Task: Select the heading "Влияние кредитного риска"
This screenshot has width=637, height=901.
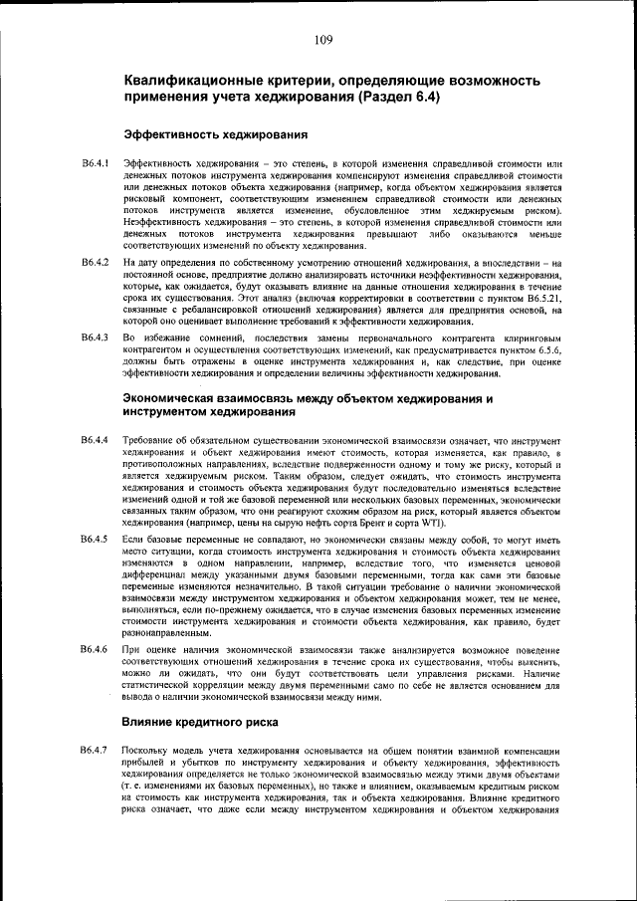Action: (x=202, y=720)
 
